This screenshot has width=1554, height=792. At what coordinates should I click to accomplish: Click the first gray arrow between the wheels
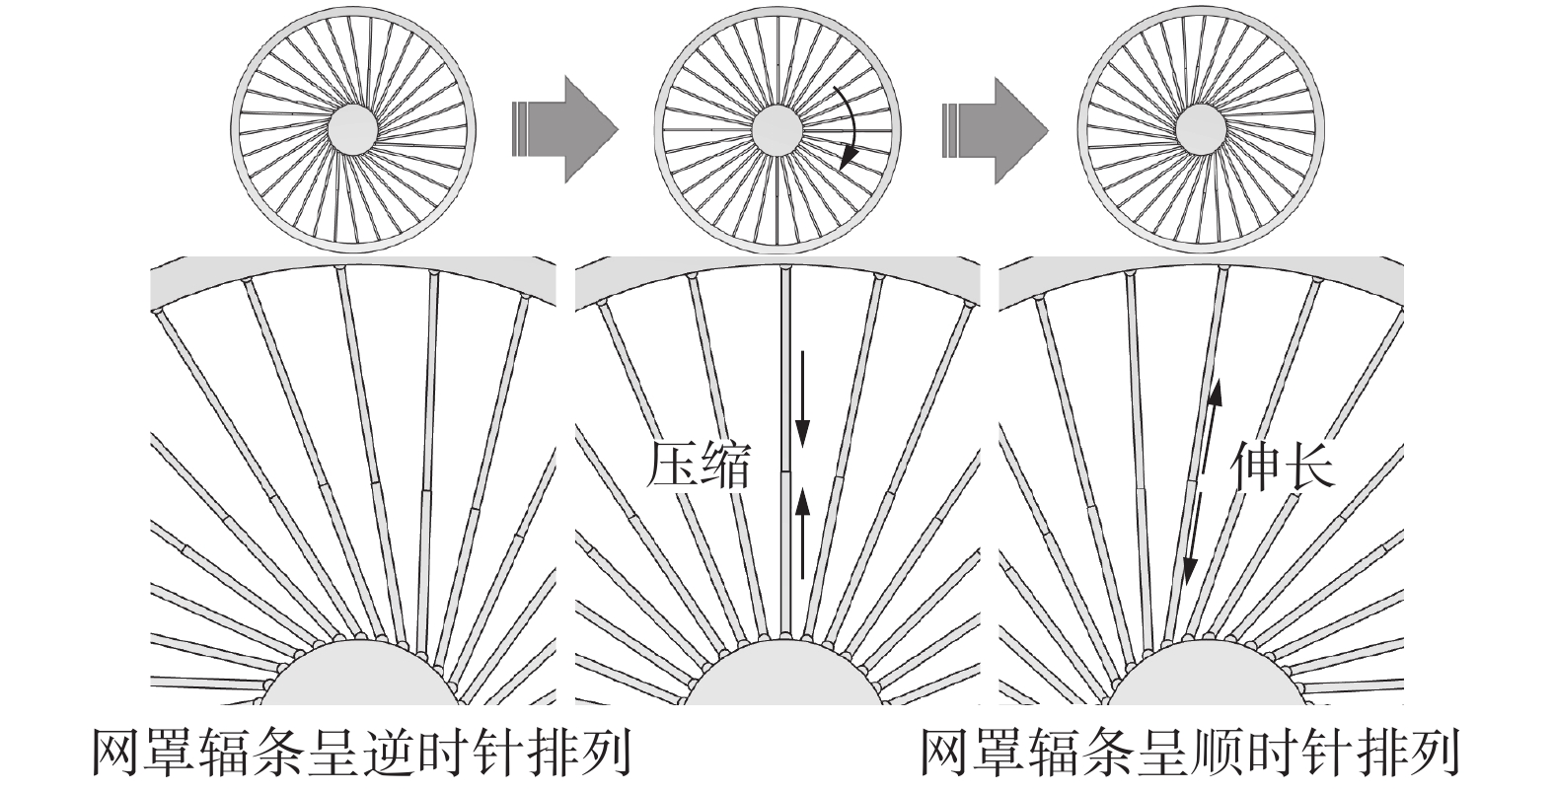(565, 128)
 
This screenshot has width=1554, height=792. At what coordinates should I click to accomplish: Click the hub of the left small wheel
(352, 129)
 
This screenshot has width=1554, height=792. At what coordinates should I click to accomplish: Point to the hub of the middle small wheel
(777, 129)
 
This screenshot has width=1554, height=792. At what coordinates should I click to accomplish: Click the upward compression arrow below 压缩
(802, 533)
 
